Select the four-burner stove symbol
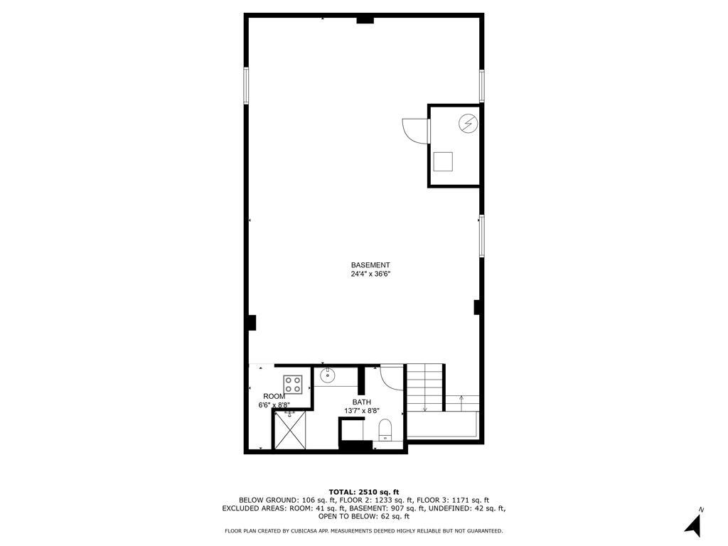point(293,385)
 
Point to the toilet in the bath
point(385,429)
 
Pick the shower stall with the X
point(292,429)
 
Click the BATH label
point(362,402)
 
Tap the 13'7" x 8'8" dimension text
point(362,411)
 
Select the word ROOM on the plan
point(274,396)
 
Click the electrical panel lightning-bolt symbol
point(467,124)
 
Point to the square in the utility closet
point(444,161)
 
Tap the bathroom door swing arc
point(392,376)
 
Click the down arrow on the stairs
point(424,407)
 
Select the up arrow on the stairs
point(461,398)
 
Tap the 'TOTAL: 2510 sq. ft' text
point(364,492)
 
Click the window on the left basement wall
point(247,85)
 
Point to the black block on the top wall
point(365,20)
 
